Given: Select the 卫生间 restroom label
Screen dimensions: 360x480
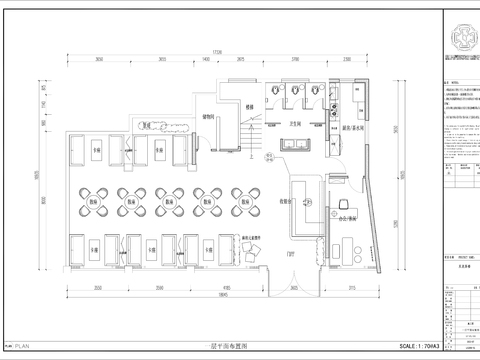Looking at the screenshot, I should point(295,125).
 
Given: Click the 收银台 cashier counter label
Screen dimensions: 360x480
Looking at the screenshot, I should point(287,201).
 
